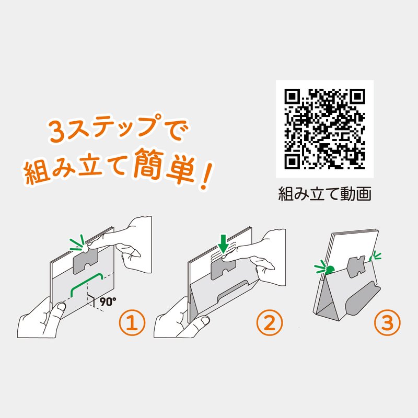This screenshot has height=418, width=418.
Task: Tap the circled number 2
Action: point(269,322)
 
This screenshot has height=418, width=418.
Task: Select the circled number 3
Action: point(387,322)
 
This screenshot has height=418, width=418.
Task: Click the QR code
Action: point(324,129)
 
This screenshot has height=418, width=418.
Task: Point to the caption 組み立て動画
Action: point(324,194)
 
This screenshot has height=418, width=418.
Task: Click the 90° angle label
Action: point(108,301)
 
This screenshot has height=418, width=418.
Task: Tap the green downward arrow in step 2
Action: point(223,243)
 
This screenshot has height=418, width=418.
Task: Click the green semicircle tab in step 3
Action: point(330,270)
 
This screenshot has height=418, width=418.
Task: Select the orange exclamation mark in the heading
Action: point(206,176)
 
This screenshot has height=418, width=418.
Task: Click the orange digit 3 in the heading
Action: point(57,131)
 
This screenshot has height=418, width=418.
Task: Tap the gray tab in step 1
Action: point(85,260)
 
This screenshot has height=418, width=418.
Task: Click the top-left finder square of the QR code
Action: point(292,97)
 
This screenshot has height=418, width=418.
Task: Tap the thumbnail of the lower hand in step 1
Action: point(61,307)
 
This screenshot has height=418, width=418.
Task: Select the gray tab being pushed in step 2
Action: point(224,268)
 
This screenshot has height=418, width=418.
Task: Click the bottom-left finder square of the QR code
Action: point(292,161)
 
